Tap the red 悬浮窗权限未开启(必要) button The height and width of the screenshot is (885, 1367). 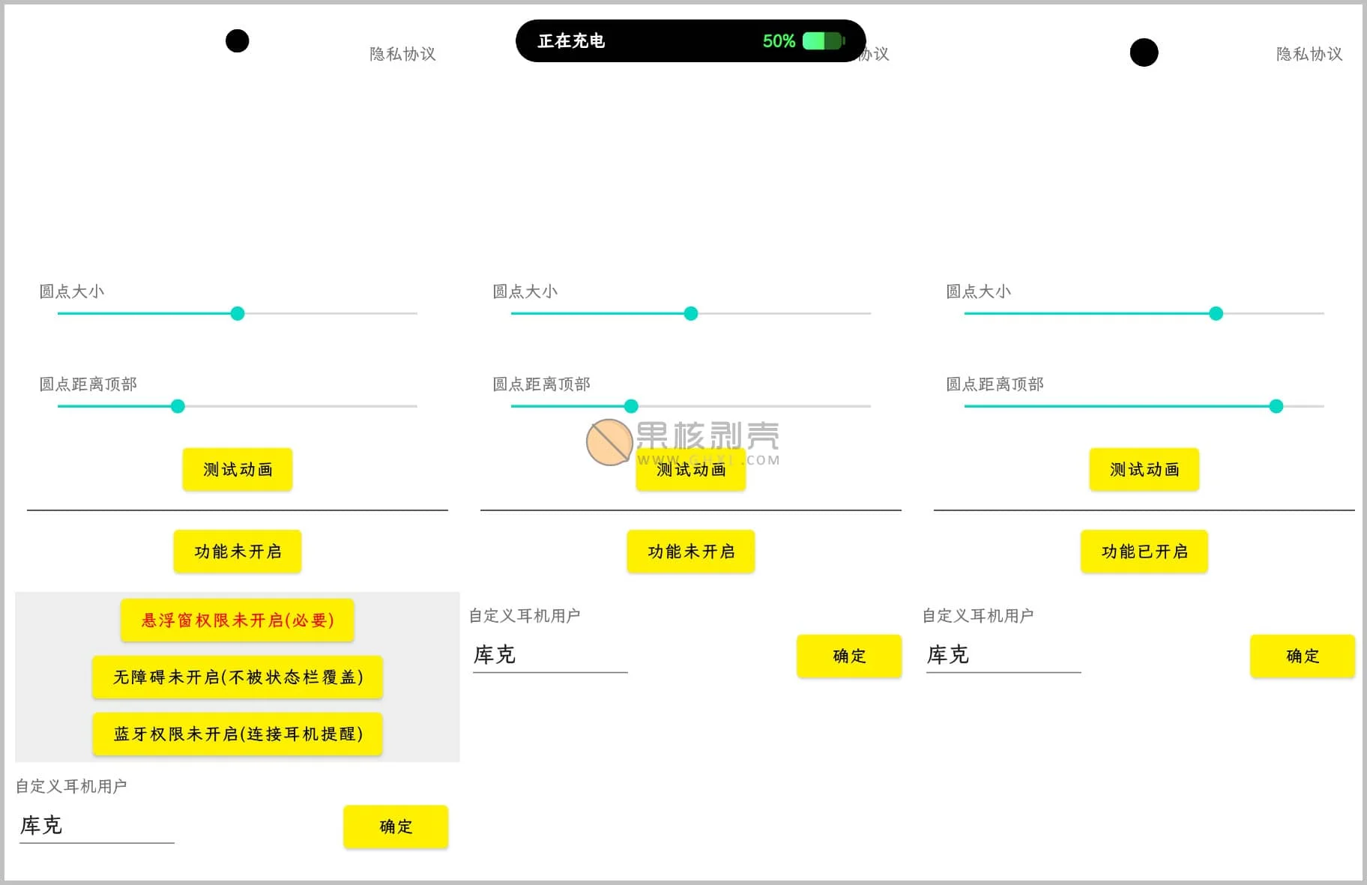[x=237, y=620]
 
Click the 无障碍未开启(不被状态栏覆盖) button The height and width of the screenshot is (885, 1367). [x=237, y=677]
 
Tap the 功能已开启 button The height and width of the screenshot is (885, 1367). [x=1144, y=552]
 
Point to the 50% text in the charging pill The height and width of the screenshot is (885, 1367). [x=779, y=41]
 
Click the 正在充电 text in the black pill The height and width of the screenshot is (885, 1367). [x=571, y=40]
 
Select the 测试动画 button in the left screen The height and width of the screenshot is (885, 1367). [x=237, y=469]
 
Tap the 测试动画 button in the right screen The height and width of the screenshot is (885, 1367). [x=1144, y=469]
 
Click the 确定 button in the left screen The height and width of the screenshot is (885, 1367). [x=396, y=827]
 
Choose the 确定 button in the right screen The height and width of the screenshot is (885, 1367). [x=1303, y=656]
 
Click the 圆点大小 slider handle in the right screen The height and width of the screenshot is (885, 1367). [x=1216, y=313]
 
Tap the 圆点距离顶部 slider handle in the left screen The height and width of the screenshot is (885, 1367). [x=178, y=406]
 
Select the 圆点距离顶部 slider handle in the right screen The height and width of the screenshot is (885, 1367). [x=1276, y=406]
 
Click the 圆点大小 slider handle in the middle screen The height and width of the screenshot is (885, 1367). [x=691, y=313]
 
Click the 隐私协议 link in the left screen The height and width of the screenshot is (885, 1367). [x=402, y=54]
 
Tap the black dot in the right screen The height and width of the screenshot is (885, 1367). [x=1144, y=52]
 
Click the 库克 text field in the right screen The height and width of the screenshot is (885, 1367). [x=1004, y=656]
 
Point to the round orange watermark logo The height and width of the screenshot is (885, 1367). [x=609, y=442]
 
